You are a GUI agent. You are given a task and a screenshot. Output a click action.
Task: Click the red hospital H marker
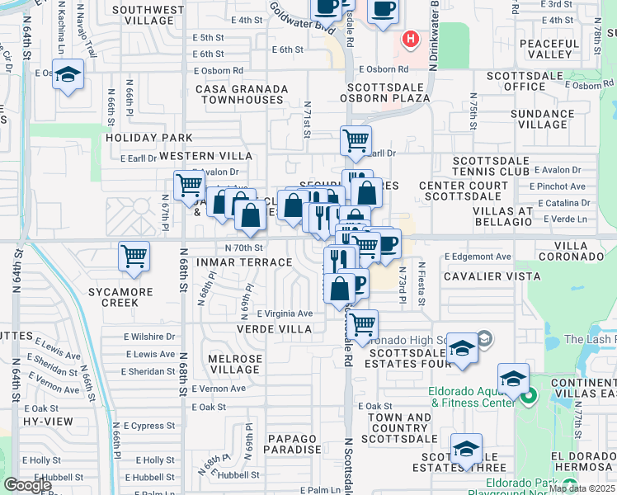pyautogui.click(x=408, y=39)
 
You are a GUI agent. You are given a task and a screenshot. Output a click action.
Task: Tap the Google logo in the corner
pyautogui.click(x=27, y=485)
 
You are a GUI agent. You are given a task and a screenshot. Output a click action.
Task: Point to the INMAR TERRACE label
pyautogui.click(x=245, y=262)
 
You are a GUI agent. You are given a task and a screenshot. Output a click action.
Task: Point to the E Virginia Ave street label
pyautogui.click(x=285, y=313)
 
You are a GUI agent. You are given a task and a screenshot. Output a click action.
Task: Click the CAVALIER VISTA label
pyautogui.click(x=492, y=276)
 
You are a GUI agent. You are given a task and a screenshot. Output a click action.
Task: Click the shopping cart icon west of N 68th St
pyautogui.click(x=189, y=185)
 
